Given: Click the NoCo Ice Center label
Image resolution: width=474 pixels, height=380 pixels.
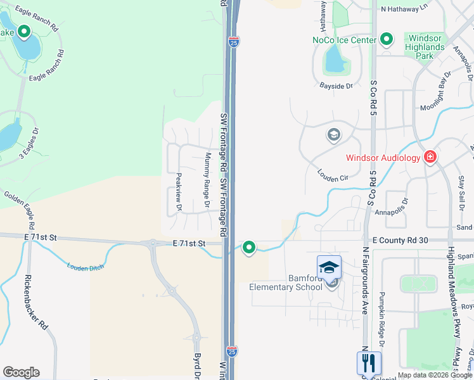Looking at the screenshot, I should [x=344, y=40].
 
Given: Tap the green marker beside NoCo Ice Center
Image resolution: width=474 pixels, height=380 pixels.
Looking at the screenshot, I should [x=387, y=40].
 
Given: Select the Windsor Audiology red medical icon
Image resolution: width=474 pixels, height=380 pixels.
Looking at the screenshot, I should [x=430, y=156].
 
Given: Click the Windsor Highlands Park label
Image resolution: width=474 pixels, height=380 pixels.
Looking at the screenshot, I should [x=426, y=47].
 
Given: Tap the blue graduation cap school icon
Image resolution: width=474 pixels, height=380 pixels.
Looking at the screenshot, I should [x=330, y=267].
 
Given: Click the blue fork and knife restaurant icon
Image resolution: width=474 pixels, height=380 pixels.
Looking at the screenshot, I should [x=369, y=363].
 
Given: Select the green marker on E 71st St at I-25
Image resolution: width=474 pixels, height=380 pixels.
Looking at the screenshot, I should [x=249, y=248].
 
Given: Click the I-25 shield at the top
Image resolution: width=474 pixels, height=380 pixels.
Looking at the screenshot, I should [x=234, y=42].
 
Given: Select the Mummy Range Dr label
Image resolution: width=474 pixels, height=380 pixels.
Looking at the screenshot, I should [x=207, y=180].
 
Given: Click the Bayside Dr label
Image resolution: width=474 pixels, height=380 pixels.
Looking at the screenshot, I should [x=336, y=85].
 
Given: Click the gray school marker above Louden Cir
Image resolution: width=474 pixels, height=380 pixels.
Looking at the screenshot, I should [x=333, y=135].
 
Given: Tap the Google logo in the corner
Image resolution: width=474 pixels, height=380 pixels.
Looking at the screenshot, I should [x=21, y=372].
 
